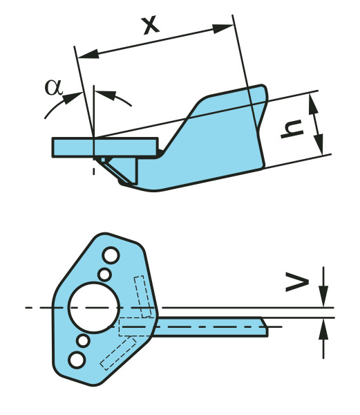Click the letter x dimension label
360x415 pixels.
[x=151, y=26]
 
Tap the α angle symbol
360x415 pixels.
[x=54, y=87]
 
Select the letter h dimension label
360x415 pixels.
[x=292, y=129]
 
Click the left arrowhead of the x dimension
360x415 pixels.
[x=88, y=54]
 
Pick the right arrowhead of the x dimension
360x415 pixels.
[x=222, y=28]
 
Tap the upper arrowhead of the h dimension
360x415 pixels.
[x=314, y=105]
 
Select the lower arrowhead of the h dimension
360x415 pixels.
[x=319, y=145]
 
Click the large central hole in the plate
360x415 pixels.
[x=94, y=307]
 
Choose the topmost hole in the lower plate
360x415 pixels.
[x=111, y=255]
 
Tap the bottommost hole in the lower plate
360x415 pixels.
[x=77, y=360]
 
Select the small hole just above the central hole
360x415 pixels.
[x=104, y=275]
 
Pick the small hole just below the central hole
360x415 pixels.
[x=83, y=340]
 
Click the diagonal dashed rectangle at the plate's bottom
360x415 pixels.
[x=118, y=353]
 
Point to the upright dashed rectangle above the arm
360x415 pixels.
[x=143, y=297]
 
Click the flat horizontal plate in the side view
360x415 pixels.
[x=105, y=147]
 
